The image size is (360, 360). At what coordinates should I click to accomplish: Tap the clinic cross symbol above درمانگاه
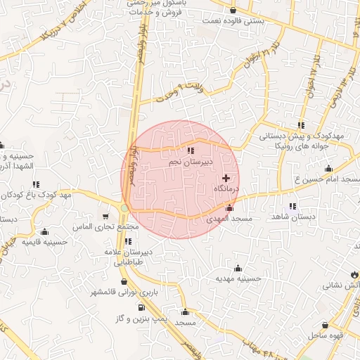tap(226, 178)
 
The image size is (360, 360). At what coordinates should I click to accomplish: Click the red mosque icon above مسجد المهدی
tap(229, 208)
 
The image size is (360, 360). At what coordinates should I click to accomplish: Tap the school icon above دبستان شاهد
tap(292, 206)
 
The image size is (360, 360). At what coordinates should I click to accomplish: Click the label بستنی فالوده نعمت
tap(233, 21)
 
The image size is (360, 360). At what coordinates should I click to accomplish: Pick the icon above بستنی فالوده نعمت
tap(233, 10)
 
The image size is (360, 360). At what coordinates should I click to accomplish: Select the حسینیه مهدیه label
tap(238, 278)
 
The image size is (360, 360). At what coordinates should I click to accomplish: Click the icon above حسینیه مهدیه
tap(238, 267)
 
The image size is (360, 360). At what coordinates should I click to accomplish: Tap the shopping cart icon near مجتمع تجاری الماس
tap(106, 217)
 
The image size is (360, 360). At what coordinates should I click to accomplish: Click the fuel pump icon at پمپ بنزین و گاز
tap(141, 307)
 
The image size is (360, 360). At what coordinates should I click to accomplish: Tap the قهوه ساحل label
tap(326, 335)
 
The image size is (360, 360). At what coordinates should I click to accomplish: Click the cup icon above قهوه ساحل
tap(326, 325)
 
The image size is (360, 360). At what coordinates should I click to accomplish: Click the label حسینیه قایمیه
tap(45, 241)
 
